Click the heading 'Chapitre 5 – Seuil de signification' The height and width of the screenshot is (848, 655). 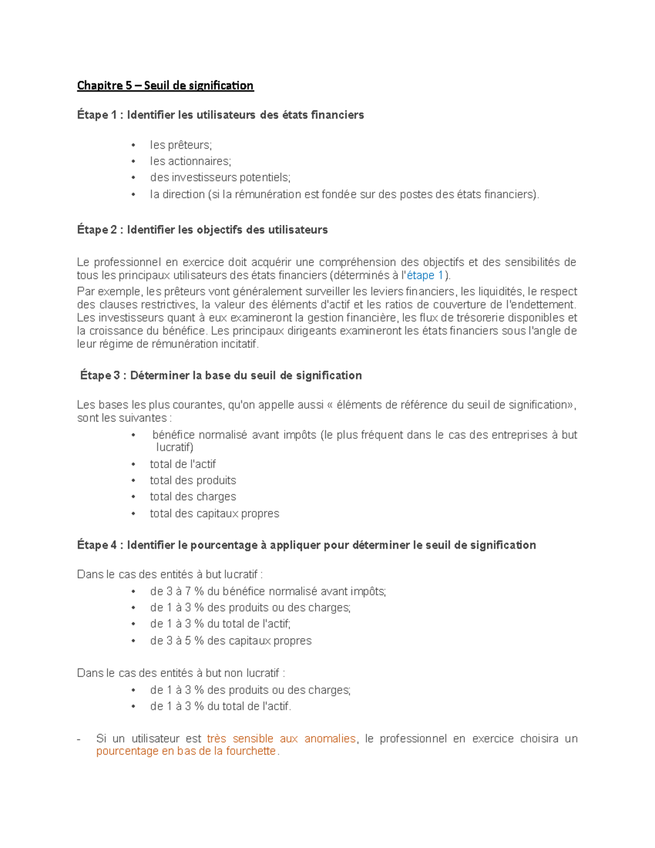click(x=165, y=86)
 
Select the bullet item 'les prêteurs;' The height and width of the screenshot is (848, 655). click(x=181, y=145)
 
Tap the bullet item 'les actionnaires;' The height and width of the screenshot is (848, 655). click(x=190, y=162)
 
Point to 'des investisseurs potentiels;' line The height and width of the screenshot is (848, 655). click(x=220, y=178)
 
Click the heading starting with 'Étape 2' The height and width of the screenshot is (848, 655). click(x=203, y=230)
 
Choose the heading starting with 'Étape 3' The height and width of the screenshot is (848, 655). click(x=221, y=376)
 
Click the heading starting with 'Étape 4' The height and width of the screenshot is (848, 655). click(x=306, y=545)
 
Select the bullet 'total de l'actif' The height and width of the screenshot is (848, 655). click(x=183, y=465)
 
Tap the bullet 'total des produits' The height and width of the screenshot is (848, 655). click(x=193, y=481)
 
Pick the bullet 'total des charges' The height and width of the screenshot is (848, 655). click(x=193, y=497)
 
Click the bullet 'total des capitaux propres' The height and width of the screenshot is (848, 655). click(x=215, y=514)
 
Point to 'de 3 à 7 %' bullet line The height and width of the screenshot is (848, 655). click(x=267, y=592)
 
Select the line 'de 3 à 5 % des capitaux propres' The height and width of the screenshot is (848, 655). click(x=230, y=641)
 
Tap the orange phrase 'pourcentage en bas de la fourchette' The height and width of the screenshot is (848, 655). click(x=186, y=751)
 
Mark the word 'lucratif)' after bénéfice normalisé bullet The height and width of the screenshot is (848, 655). click(x=175, y=448)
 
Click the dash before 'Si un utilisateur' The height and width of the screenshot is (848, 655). click(x=79, y=739)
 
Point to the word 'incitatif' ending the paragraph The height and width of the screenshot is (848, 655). click(x=239, y=345)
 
